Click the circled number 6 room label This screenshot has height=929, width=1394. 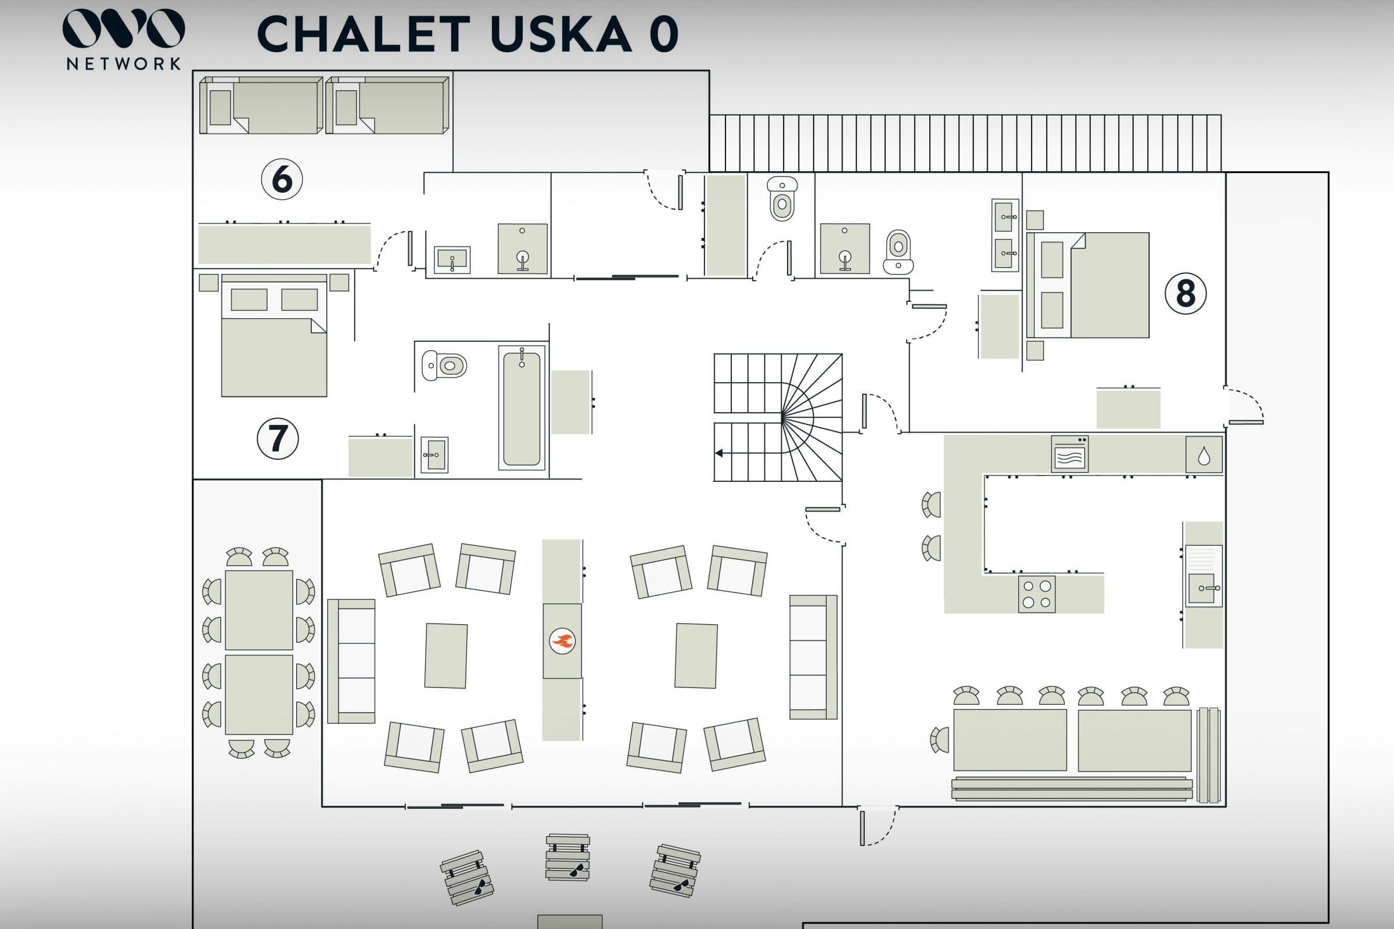282,179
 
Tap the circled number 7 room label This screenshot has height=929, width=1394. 278,438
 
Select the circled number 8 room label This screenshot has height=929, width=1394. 1185,293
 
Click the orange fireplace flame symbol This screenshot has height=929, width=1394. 562,641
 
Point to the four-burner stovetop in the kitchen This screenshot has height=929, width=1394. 1037,594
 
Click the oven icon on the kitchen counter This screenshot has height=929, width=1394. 1069,455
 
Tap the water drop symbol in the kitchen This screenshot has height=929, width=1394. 1203,456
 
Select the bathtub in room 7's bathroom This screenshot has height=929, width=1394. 522,409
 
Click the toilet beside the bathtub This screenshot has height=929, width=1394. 444,366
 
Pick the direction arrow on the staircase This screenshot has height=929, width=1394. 720,453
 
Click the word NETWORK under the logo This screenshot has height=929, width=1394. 123,64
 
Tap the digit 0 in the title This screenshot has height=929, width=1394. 664,34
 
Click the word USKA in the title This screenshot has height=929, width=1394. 561,34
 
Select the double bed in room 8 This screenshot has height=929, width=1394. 1088,286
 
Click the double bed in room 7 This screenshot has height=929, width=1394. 274,336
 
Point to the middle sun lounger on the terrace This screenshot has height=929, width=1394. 568,858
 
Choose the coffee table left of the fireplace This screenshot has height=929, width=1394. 445,656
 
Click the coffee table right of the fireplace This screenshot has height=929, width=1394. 696,656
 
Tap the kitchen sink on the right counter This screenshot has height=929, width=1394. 1202,588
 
